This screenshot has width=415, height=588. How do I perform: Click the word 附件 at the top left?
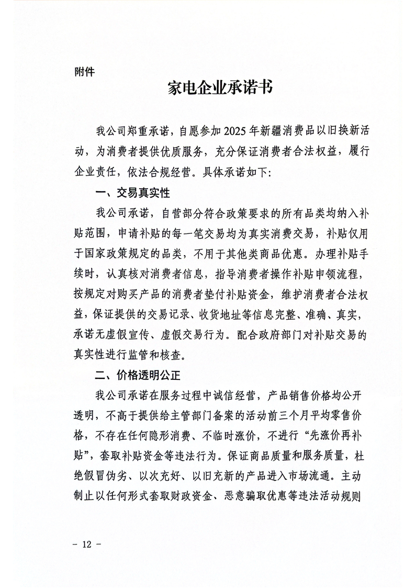click(x=85, y=72)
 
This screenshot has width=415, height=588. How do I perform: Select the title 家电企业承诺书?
click(x=220, y=87)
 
